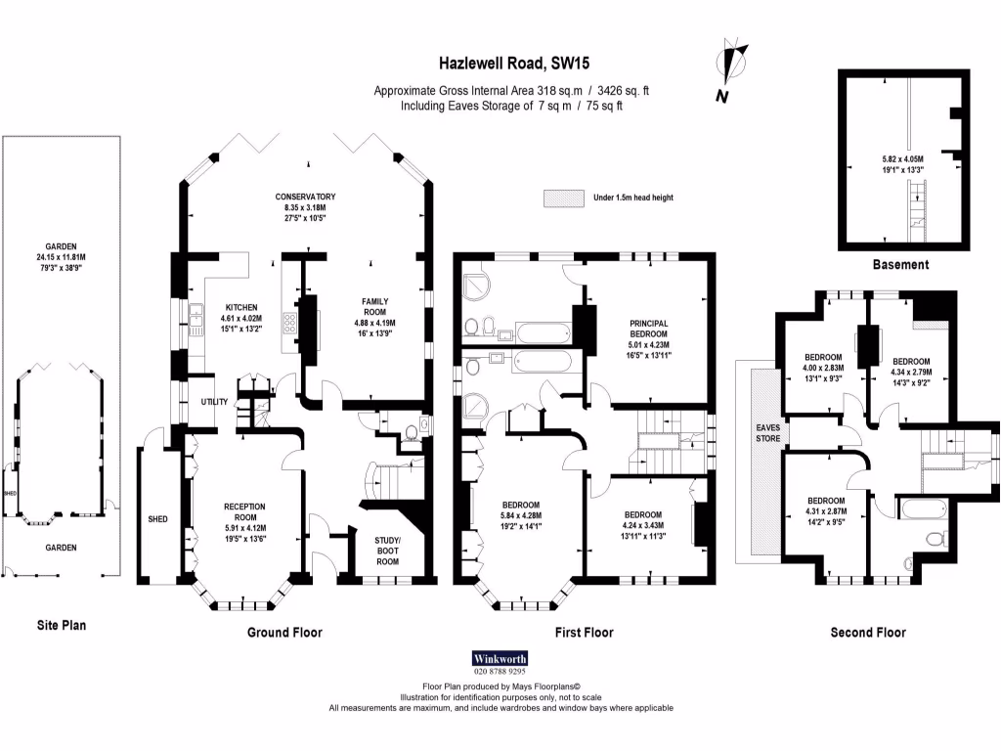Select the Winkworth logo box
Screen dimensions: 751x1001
500,658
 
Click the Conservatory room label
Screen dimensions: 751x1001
305,197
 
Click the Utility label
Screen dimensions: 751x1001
214,402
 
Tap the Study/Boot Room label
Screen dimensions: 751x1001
388,550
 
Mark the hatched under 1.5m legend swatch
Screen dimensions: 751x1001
563,198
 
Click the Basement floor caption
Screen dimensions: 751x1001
900,265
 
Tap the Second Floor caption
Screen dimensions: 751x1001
868,633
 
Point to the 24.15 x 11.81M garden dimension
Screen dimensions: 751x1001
62,257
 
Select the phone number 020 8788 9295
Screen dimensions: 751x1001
500,672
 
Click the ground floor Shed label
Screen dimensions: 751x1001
158,519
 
